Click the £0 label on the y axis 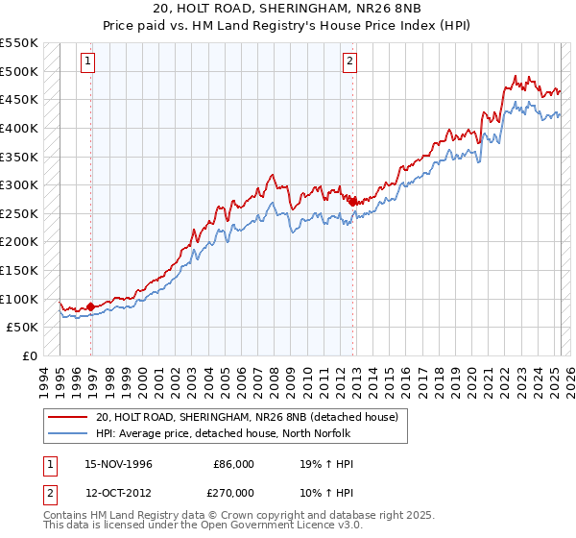coord(32,355)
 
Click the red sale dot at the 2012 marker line coord(353,202)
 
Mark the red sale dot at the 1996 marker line coord(91,306)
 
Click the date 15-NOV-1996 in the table coord(119,464)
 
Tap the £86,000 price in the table coord(233,464)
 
